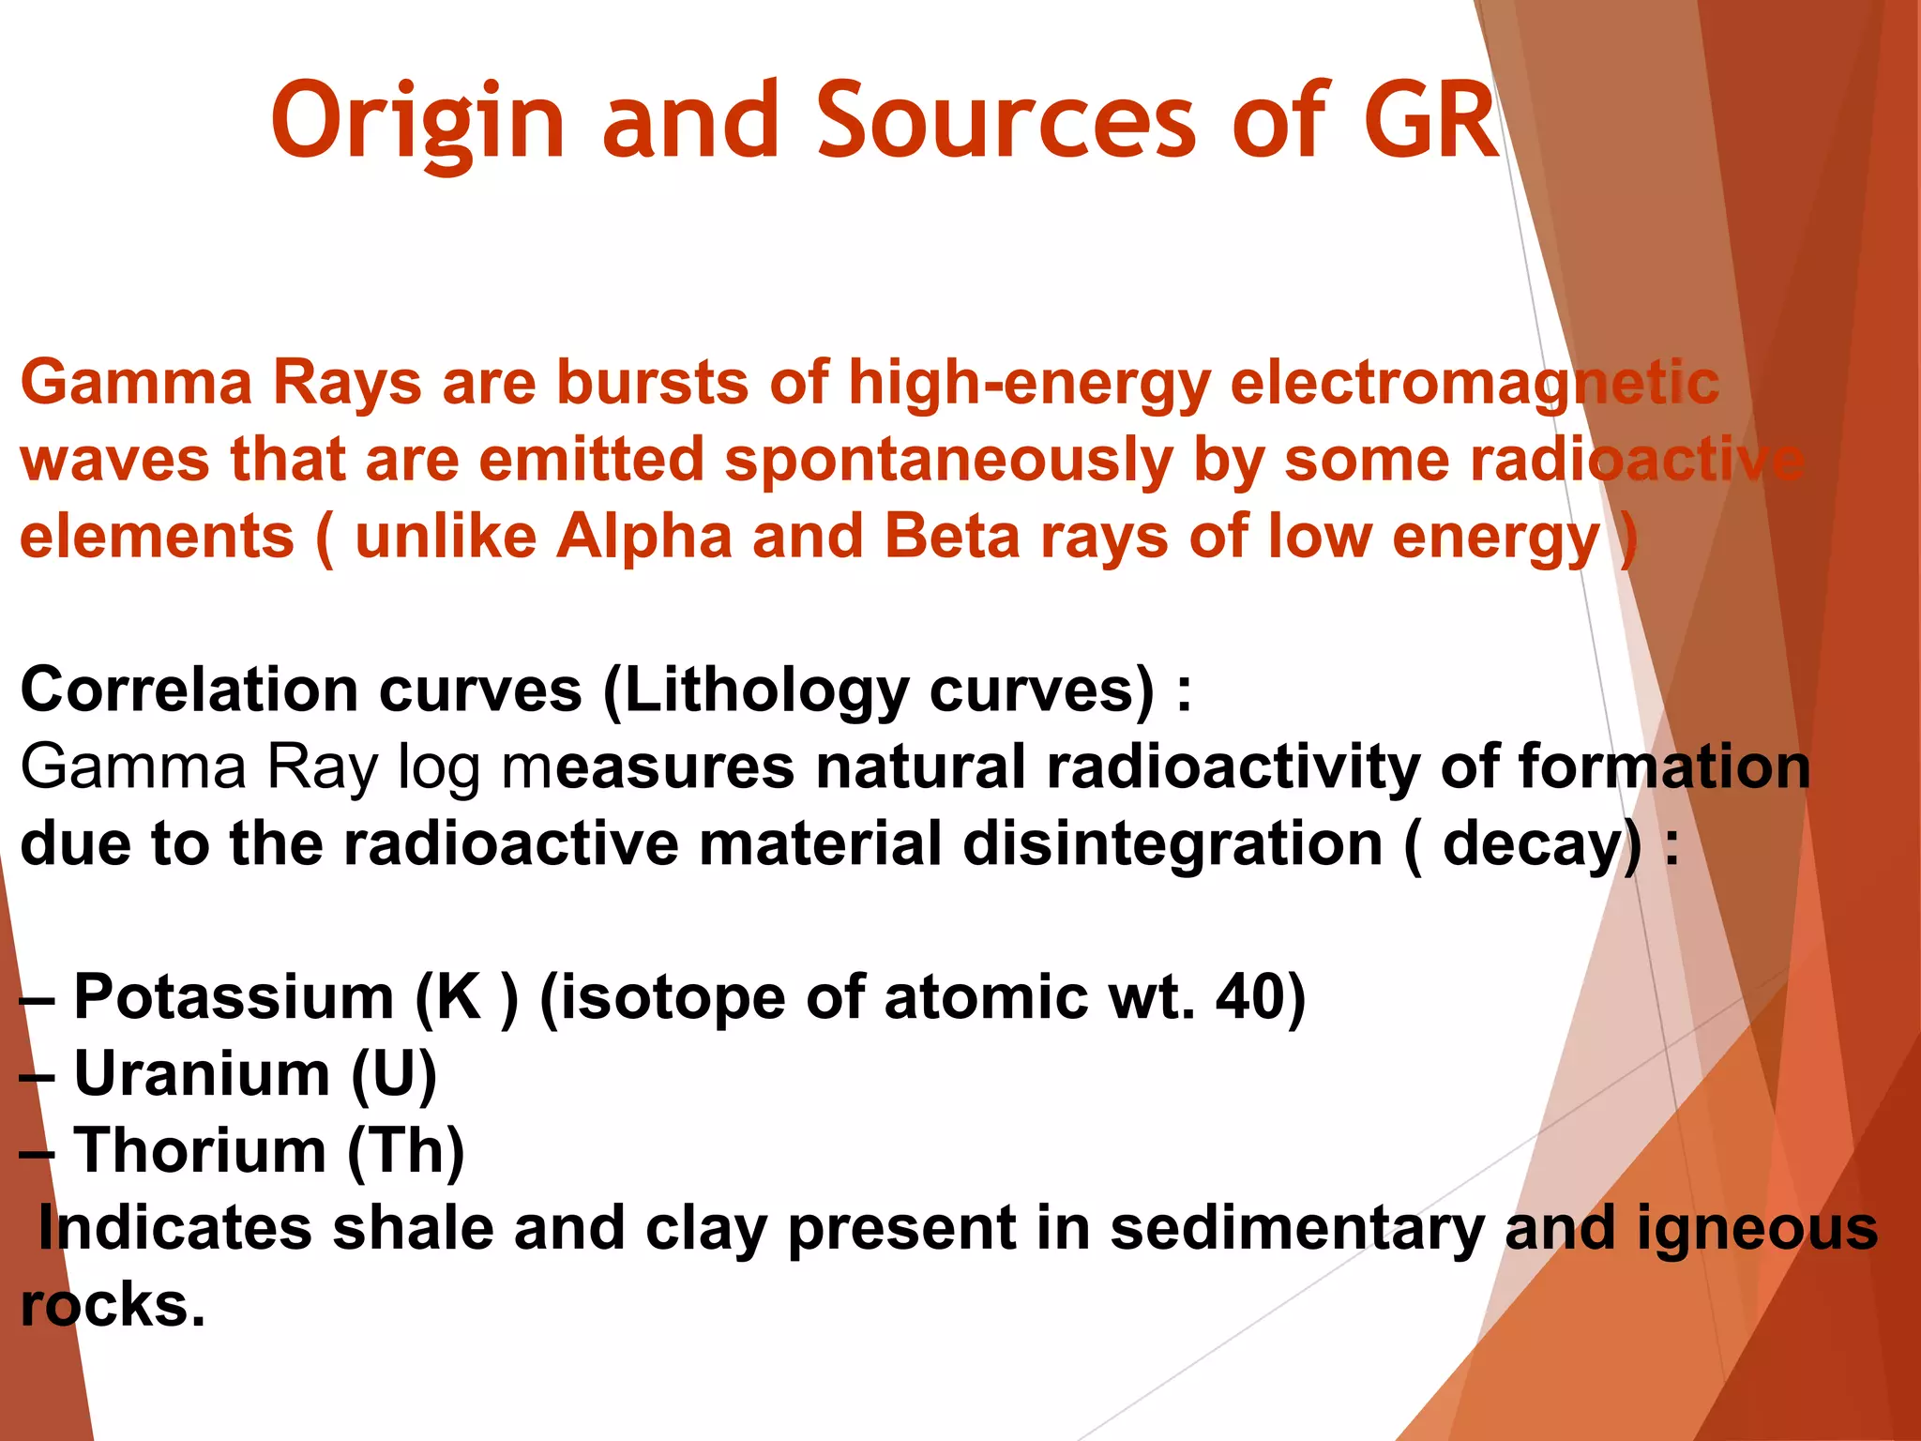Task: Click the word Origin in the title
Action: pos(417,122)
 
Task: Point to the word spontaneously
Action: pos(948,461)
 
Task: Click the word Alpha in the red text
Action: pos(643,538)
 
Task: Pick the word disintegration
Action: pos(1172,844)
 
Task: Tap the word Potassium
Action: pos(234,997)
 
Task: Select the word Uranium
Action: pos(202,1074)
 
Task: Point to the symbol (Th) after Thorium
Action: pos(405,1151)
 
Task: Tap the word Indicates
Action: pos(174,1228)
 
